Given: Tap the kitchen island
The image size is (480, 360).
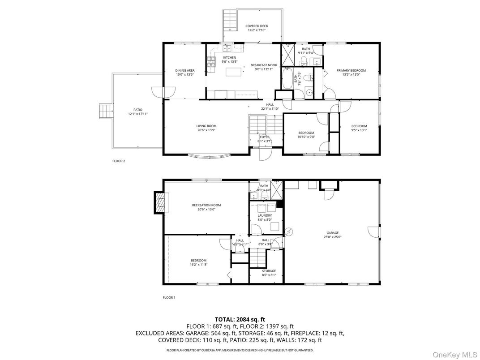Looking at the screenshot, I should pos(232,72).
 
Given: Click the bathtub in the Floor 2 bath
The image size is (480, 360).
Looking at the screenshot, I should pos(287,79).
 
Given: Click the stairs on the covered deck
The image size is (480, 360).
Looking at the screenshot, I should pos(229,21).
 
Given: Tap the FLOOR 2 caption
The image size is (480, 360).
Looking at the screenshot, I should pos(119,161).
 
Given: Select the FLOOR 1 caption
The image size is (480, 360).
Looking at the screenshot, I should pos(169,297).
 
